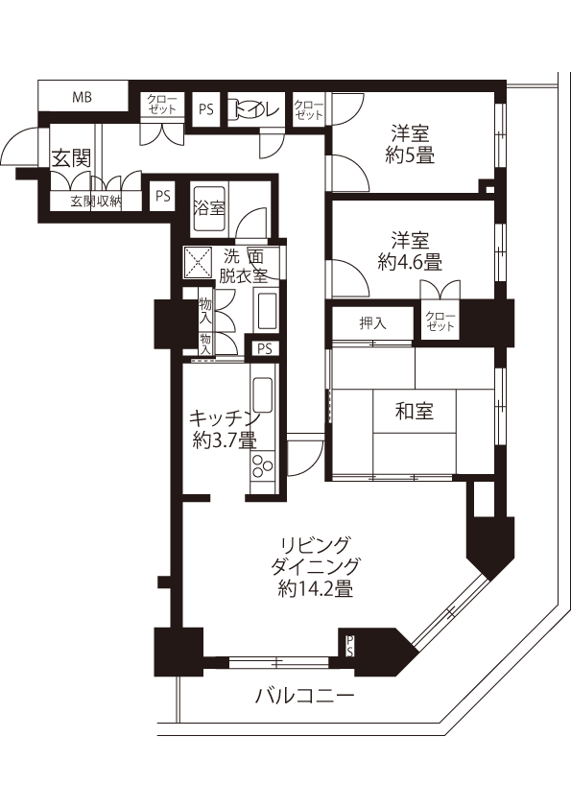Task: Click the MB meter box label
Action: [x=82, y=96]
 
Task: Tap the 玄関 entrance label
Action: [x=72, y=158]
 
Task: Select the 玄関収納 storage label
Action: [x=96, y=201]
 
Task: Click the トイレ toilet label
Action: [x=256, y=108]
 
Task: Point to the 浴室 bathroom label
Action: [x=208, y=208]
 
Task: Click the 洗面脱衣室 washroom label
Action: [x=243, y=267]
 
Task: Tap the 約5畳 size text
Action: [x=410, y=154]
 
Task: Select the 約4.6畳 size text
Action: [x=410, y=262]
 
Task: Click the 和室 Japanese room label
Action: [x=414, y=411]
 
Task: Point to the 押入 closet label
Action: [x=372, y=323]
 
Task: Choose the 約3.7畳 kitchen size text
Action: [x=225, y=440]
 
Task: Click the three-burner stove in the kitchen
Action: [x=262, y=466]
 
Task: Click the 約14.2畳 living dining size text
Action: [x=315, y=588]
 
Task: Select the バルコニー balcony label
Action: [x=305, y=697]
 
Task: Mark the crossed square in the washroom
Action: [x=199, y=261]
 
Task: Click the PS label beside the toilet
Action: [x=206, y=109]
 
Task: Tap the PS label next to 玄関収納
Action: [x=163, y=196]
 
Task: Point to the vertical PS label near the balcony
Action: [x=349, y=646]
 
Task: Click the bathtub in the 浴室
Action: [x=208, y=208]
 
